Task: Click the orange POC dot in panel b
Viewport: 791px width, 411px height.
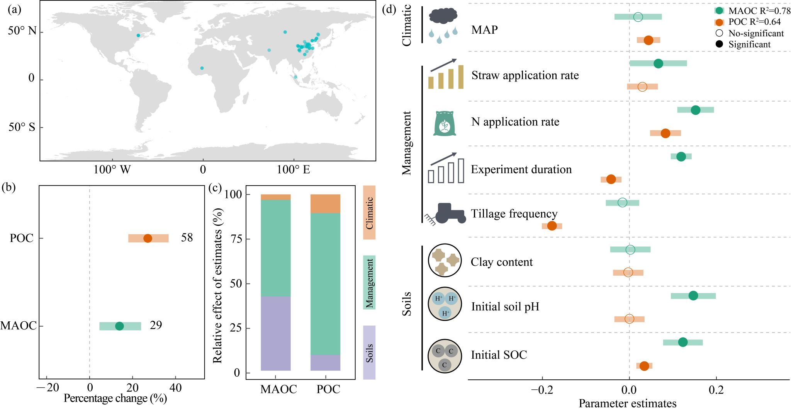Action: coord(148,238)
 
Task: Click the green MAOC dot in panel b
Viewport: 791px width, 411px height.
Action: coord(120,326)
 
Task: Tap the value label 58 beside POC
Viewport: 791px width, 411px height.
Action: coord(187,237)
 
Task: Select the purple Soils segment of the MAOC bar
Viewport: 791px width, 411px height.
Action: coord(275,333)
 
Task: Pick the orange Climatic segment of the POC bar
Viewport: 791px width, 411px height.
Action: coord(325,204)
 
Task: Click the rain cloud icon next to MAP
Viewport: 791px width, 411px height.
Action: coord(444,24)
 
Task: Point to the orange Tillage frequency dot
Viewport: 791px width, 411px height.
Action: coord(552,226)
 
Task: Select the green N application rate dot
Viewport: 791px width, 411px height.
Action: coord(695,110)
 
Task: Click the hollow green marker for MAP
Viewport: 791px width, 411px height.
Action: coord(638,17)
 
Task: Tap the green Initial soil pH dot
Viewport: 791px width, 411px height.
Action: coord(693,296)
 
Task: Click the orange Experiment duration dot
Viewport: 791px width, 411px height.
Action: coord(611,179)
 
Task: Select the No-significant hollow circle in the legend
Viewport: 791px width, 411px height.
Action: coord(719,34)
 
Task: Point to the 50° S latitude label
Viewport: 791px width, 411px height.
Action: coord(22,127)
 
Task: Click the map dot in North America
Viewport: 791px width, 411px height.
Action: coord(138,36)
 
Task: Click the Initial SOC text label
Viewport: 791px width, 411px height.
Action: coord(499,355)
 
